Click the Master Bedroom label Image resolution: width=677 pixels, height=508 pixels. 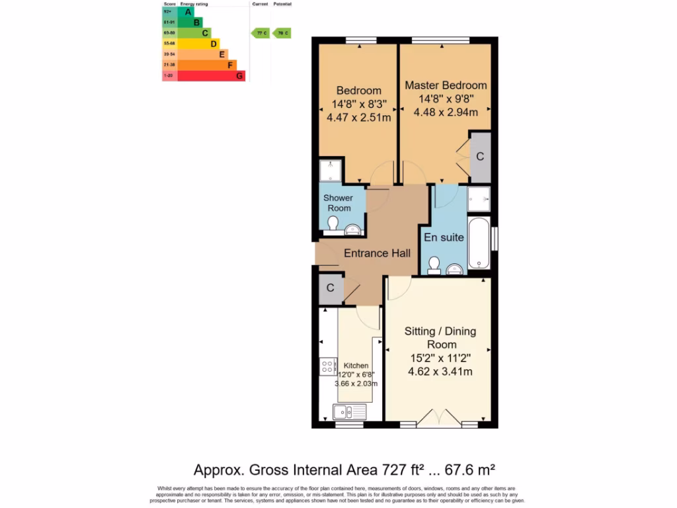[446, 85]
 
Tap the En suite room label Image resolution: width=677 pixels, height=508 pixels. [444, 237]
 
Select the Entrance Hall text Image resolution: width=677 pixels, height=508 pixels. [377, 253]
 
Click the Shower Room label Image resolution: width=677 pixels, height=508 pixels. [338, 202]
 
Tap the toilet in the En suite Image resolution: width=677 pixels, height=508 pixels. [434, 265]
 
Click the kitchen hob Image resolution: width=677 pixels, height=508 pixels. [328, 366]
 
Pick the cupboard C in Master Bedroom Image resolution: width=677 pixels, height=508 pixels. [481, 157]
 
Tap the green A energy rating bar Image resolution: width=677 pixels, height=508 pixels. [186, 11]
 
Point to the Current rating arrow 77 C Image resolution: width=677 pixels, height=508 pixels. [260, 32]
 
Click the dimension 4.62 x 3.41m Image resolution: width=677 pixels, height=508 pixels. [440, 372]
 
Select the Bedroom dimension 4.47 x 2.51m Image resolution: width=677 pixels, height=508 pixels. [358, 118]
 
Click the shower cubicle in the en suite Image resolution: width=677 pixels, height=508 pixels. [479, 198]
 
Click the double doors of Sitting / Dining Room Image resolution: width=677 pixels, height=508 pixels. [438, 417]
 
